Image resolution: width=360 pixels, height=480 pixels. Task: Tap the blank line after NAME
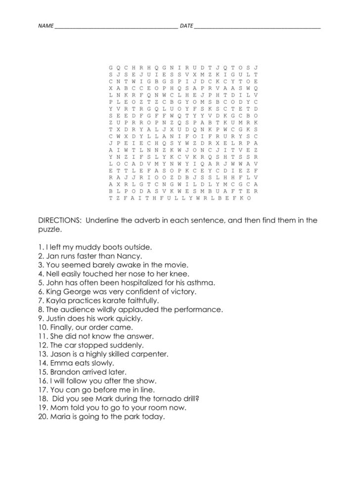[116, 26]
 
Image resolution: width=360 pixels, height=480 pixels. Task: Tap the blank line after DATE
[257, 26]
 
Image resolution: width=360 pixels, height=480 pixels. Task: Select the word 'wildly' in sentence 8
[99, 309]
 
